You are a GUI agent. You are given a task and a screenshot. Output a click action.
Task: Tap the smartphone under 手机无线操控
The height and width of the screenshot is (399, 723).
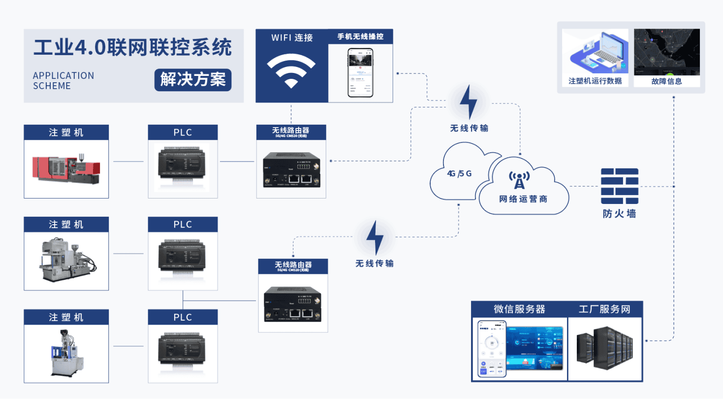[x=361, y=73]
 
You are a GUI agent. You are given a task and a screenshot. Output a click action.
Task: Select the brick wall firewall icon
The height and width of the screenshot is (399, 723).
[x=619, y=186]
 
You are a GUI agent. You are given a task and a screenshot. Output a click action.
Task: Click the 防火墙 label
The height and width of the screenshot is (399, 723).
[x=619, y=214]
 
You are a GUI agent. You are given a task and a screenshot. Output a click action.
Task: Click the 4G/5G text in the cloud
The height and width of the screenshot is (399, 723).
[x=459, y=173]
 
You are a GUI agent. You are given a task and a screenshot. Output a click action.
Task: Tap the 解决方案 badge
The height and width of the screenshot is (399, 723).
[x=193, y=79]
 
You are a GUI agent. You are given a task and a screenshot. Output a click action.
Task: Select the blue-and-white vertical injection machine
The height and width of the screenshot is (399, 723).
[x=65, y=352]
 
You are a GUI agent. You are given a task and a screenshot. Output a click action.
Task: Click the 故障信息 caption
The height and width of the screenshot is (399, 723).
[x=666, y=81]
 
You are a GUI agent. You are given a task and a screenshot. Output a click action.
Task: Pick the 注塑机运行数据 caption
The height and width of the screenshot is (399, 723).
[x=595, y=81]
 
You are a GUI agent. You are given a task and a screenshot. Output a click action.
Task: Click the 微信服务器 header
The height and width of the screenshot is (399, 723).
[x=519, y=309]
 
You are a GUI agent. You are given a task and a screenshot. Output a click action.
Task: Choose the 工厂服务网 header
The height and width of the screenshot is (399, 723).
[x=604, y=309]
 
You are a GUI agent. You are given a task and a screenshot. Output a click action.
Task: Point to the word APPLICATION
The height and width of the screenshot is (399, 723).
[x=63, y=75]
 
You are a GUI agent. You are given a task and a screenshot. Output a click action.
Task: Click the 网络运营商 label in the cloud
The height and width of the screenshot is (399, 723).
[x=523, y=199]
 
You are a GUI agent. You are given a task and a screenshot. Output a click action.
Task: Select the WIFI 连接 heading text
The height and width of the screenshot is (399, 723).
[x=292, y=37]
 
